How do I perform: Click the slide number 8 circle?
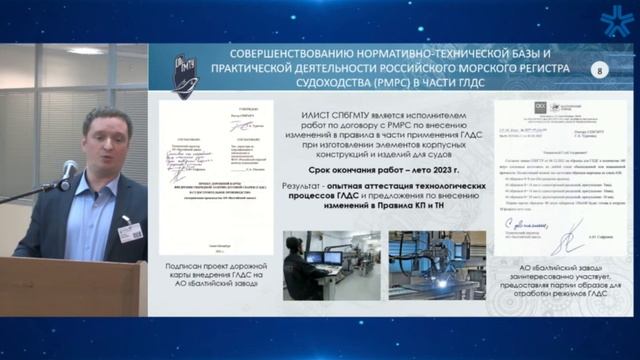[x=599, y=70]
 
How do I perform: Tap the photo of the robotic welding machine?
[x=437, y=264]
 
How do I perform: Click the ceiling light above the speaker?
[x=85, y=50]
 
